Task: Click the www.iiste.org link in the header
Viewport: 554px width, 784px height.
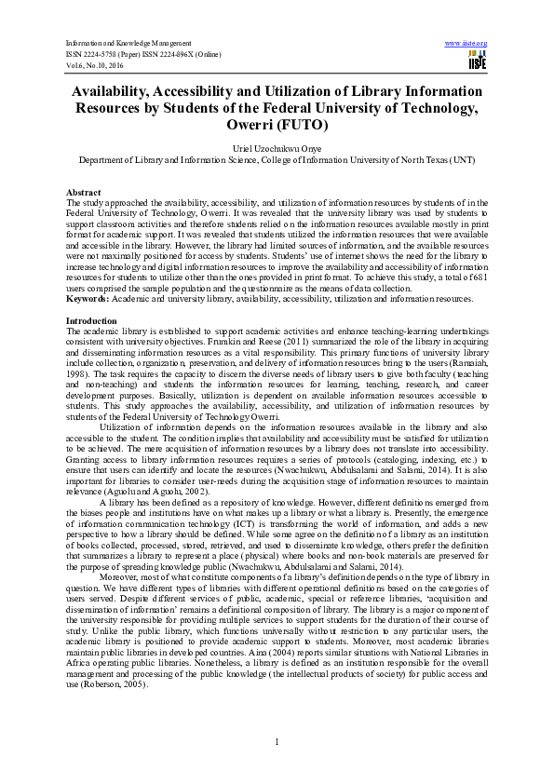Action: click(467, 44)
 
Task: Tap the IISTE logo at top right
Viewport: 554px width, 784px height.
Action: click(477, 61)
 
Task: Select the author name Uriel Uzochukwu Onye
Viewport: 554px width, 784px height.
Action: click(277, 147)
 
